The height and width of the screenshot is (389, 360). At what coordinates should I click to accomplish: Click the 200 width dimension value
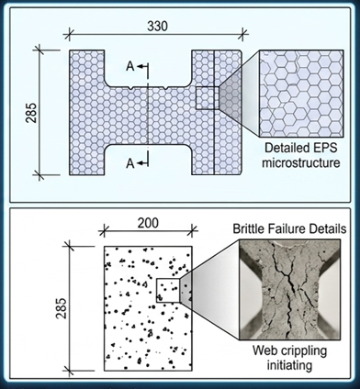(x=148, y=222)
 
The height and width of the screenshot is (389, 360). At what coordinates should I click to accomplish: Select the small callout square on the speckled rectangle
(x=167, y=290)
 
